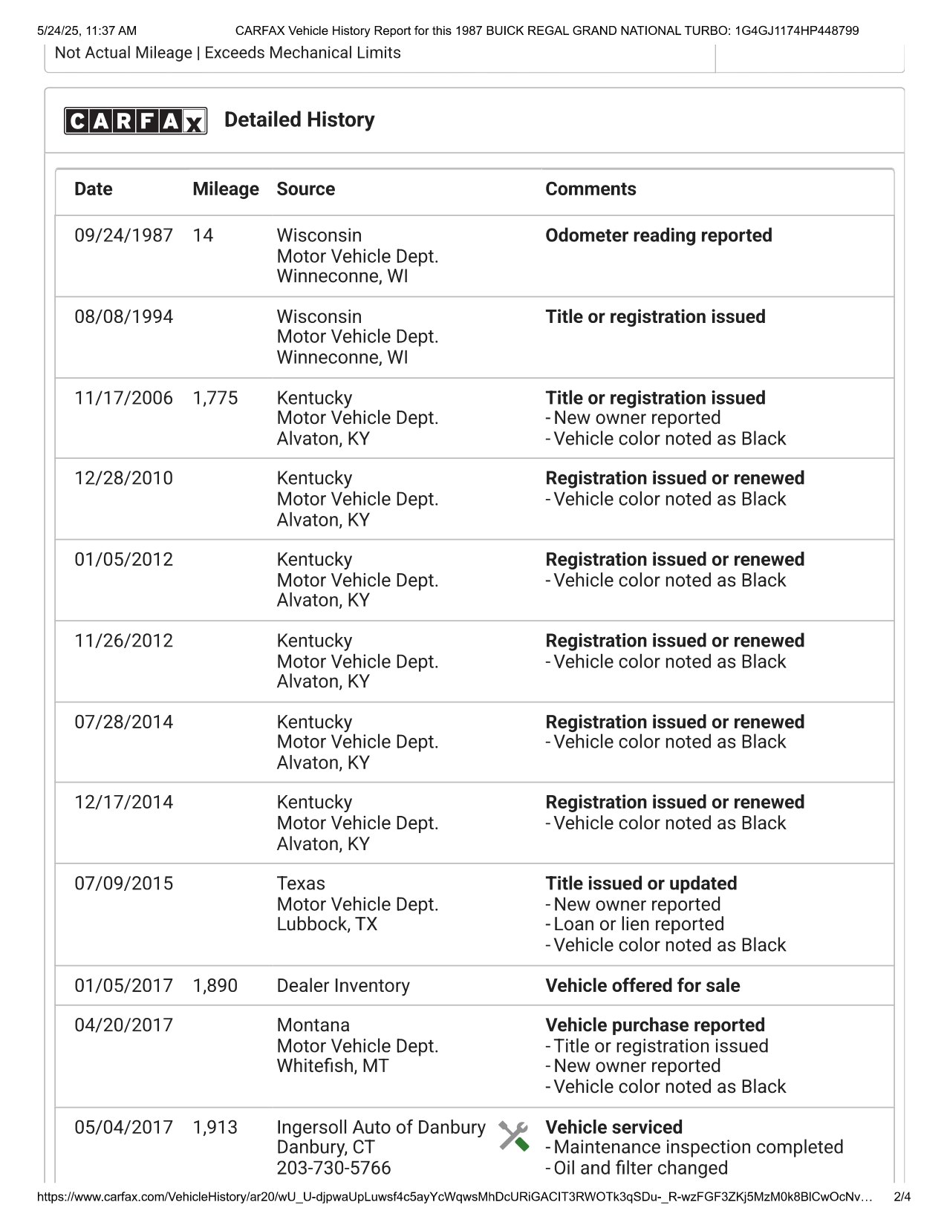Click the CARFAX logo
click(135, 120)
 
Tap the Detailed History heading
click(299, 120)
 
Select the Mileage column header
click(225, 189)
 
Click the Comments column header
click(590, 189)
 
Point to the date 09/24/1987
click(123, 235)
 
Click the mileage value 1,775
click(215, 398)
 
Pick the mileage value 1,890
click(215, 986)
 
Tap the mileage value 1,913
click(215, 1127)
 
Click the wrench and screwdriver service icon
click(513, 1136)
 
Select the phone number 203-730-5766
click(333, 1168)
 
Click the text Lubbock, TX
click(327, 924)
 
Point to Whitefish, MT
click(332, 1066)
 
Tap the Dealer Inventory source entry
click(343, 986)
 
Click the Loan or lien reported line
click(638, 924)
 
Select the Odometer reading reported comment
click(658, 235)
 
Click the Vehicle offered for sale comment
click(642, 986)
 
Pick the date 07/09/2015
click(123, 883)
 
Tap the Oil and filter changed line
click(640, 1168)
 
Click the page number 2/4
click(902, 1197)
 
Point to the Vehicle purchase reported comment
click(654, 1025)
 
